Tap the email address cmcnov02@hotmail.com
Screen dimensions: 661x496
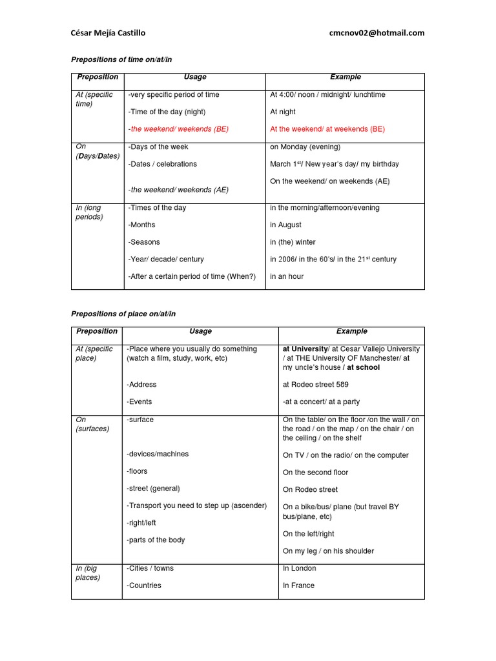377,33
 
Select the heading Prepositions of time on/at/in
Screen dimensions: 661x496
122,59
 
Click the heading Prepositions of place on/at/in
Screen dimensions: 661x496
123,314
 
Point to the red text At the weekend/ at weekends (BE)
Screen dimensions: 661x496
327,129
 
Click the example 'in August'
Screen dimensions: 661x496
285,225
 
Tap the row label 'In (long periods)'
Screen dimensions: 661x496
89,212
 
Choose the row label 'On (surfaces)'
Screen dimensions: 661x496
92,424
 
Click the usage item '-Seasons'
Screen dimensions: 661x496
143,242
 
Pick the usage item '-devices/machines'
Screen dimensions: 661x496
158,454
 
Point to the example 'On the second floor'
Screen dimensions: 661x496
315,473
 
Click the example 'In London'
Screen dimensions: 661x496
299,569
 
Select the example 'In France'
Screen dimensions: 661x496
298,585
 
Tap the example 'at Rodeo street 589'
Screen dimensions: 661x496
315,385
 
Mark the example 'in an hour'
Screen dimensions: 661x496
287,276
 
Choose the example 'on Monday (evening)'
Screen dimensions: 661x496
305,147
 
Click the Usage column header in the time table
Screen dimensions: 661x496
194,77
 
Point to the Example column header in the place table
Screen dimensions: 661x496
351,331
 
